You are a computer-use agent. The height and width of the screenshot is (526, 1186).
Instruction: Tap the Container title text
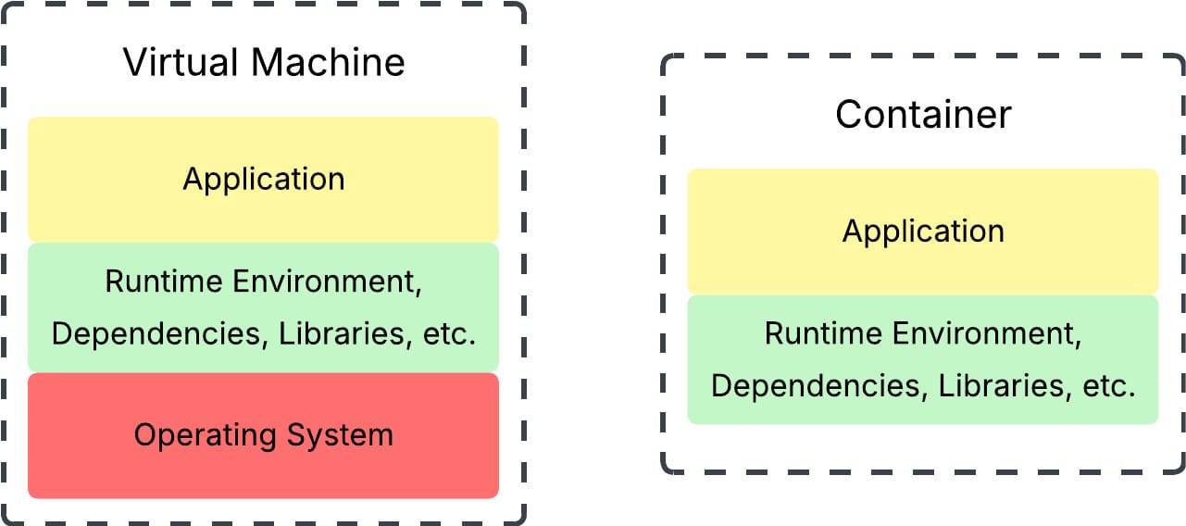[923, 115]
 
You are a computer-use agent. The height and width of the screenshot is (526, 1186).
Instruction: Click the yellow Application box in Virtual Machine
[263, 208]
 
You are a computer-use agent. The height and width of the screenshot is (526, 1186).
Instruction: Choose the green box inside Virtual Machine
[263, 357]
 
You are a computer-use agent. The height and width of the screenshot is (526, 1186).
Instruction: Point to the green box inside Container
[922, 407]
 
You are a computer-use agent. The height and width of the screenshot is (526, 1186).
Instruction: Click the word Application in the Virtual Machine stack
[263, 179]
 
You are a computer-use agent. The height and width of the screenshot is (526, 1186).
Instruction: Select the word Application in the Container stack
[922, 231]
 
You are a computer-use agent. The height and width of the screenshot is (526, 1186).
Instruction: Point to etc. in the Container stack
[1111, 386]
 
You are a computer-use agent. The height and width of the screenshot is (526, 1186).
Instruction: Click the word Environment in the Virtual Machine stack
[320, 282]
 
